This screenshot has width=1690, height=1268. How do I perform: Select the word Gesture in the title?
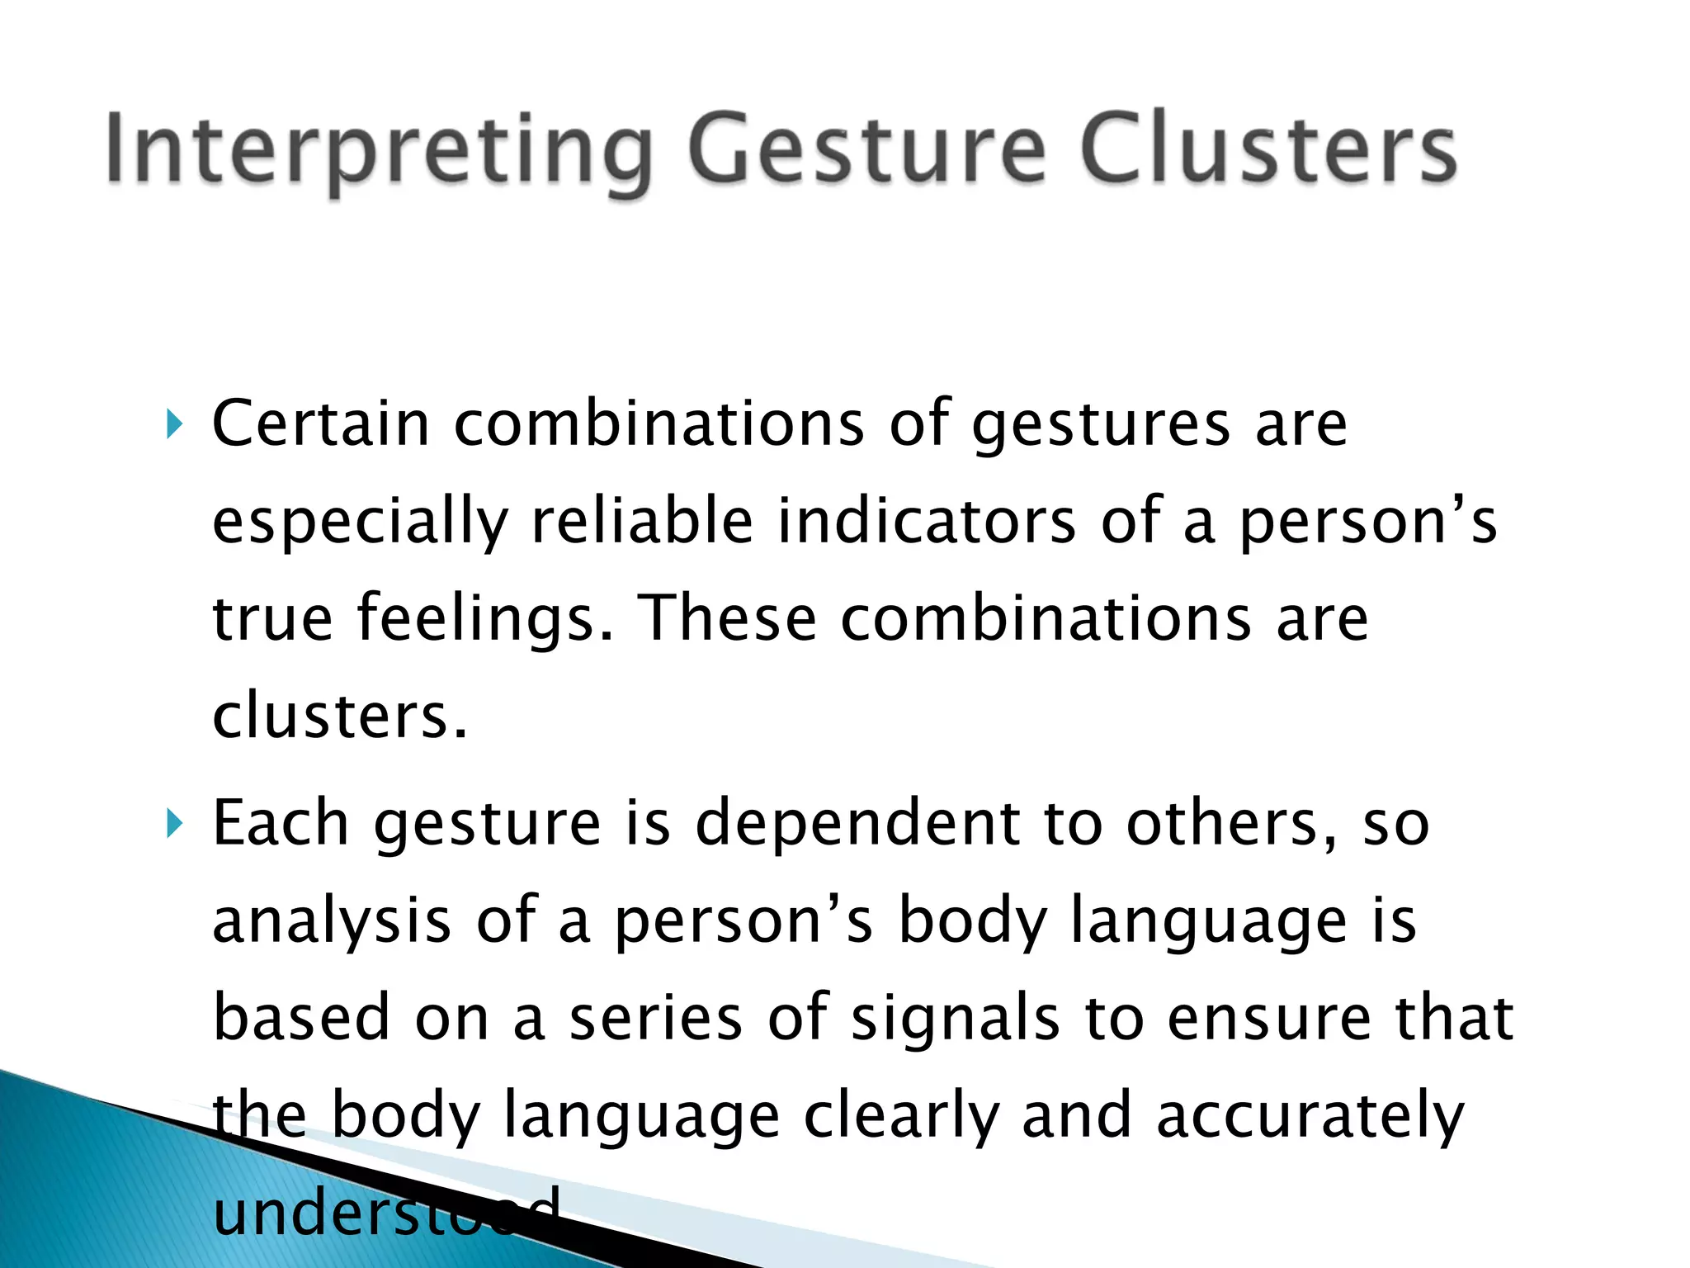867,150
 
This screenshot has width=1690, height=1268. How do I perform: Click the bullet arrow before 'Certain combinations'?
173,425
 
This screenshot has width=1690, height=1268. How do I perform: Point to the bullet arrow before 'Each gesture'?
173,824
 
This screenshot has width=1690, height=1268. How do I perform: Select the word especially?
360,523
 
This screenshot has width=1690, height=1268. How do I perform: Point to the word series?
656,1018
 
